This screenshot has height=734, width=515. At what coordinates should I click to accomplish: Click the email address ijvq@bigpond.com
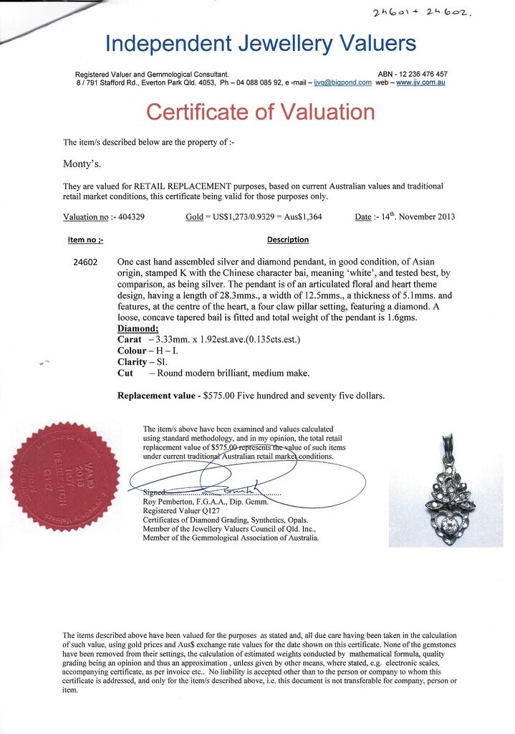[x=343, y=82]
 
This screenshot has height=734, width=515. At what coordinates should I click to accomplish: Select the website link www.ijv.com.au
[x=421, y=82]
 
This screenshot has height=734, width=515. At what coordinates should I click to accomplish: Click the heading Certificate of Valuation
[x=261, y=113]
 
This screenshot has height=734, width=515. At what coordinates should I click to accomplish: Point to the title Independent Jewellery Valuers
[x=261, y=44]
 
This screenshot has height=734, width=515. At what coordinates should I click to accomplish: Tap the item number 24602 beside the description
[x=86, y=262]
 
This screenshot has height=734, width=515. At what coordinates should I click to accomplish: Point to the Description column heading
[x=288, y=239]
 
